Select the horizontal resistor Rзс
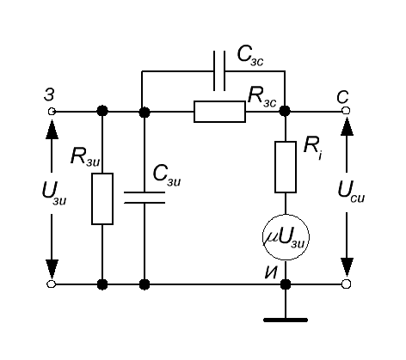click(219, 112)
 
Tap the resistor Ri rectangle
click(286, 167)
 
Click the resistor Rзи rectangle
click(102, 198)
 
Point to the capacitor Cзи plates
click(145, 198)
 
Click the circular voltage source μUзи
click(286, 237)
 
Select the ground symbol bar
click(286, 320)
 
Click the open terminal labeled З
click(52, 111)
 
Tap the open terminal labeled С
click(347, 111)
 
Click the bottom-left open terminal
click(51, 284)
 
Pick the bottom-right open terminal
click(347, 284)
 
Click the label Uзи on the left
click(54, 193)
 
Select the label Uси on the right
click(351, 192)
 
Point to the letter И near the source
click(271, 272)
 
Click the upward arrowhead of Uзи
click(52, 130)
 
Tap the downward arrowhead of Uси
click(347, 268)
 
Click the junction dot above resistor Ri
click(285, 111)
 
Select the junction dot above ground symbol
click(286, 284)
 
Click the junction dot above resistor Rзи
click(102, 111)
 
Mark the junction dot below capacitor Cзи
click(145, 284)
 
